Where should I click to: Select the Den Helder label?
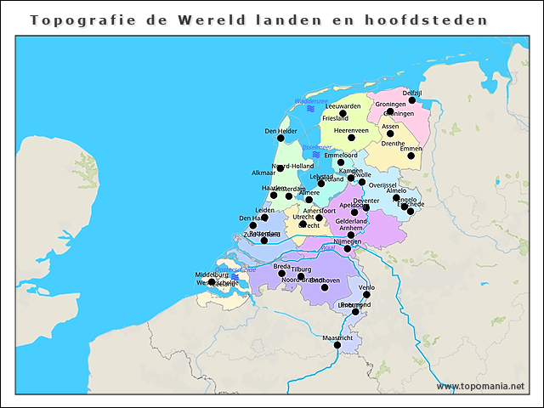coord(280,131)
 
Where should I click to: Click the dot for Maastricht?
coord(337,345)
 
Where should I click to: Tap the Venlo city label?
coord(367,288)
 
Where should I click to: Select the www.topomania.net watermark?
coord(481,386)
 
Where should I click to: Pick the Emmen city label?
coord(411,149)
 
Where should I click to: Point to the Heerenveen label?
coord(351,130)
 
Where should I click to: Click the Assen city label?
coord(390,126)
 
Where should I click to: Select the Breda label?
coord(281,266)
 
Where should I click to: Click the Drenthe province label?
coord(393,144)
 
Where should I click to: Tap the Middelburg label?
coord(212,275)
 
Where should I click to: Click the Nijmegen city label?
coord(347,241)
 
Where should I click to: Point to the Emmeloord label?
coord(341,156)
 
